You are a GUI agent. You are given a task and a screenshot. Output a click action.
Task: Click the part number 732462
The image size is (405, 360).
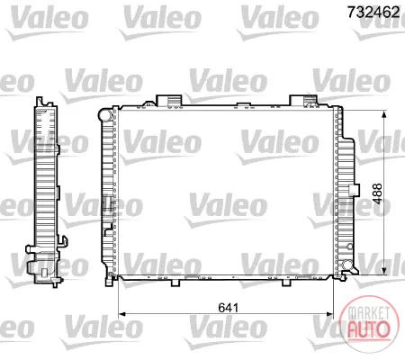pyautogui.click(x=373, y=12)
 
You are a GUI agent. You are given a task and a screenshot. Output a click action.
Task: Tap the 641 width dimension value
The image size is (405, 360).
pyautogui.click(x=229, y=308)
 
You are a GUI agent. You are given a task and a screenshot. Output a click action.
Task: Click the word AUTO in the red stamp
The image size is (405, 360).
pyautogui.click(x=369, y=329)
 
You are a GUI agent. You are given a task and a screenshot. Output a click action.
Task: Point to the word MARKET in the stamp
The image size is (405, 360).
pyautogui.click(x=369, y=313)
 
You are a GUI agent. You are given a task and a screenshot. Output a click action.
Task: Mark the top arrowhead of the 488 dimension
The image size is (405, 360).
pyautogui.click(x=383, y=114)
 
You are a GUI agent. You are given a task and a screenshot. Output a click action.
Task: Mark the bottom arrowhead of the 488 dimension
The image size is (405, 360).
pyautogui.click(x=383, y=271)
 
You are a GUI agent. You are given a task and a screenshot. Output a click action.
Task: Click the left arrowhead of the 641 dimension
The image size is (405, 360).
pyautogui.click(x=121, y=314)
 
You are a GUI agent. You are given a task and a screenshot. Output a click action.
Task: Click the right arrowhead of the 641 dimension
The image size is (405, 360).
pyautogui.click(x=329, y=314)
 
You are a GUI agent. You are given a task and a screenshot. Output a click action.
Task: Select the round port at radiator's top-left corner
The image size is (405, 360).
pyautogui.click(x=106, y=114)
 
